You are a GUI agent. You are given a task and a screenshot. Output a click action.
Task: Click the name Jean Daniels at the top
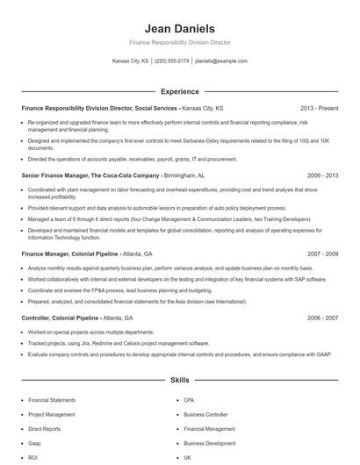[179, 28]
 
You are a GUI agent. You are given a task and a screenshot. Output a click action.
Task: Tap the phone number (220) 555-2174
[171, 61]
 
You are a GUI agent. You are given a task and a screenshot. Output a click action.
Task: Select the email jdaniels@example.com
[221, 61]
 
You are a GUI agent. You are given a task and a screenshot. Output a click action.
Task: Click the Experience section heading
[179, 91]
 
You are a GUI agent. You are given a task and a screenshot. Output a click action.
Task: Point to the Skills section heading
[179, 381]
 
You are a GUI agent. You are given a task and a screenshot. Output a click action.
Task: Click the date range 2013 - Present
[320, 108]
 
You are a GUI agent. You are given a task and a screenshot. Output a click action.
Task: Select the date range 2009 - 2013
[322, 175]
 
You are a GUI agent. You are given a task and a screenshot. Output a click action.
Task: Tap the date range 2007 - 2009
[322, 253]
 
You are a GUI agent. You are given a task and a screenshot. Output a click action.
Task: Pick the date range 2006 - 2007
[322, 317]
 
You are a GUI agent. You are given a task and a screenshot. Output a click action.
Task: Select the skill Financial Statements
[52, 399]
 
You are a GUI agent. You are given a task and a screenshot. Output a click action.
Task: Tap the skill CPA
[189, 399]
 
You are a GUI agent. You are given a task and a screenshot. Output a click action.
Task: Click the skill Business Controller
[205, 414]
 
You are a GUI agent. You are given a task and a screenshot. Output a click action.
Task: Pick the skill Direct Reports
[46, 428]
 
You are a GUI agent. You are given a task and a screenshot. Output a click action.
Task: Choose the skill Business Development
[209, 443]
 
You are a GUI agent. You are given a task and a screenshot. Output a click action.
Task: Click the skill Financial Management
[209, 428]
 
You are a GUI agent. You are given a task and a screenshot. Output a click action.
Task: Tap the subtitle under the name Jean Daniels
[179, 42]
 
